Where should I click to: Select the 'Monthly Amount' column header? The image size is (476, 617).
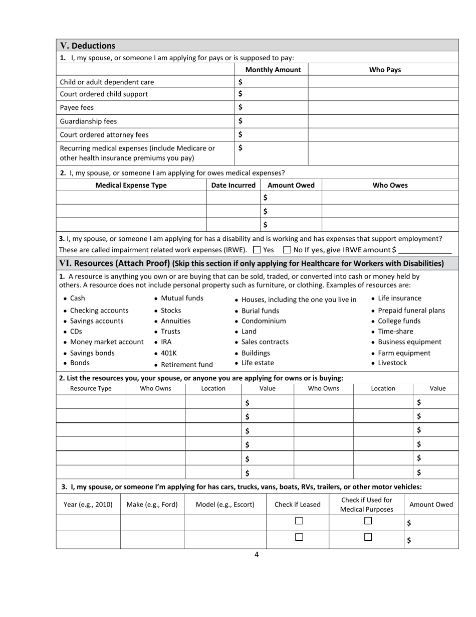point(273,70)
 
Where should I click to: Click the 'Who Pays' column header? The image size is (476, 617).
point(385,70)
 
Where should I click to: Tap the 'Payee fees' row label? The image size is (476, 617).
point(77,107)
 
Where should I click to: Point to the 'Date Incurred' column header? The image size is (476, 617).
point(233,185)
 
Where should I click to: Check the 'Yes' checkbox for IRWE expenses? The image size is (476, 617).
point(257,250)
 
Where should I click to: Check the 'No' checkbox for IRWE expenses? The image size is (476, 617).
point(287,250)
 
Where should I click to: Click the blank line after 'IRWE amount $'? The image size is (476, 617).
point(425,250)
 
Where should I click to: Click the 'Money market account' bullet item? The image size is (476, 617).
point(106,342)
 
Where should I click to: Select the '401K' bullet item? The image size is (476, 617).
point(168,353)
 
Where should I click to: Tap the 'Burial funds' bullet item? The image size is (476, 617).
point(260,311)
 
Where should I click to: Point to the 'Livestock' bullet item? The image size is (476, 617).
point(392,363)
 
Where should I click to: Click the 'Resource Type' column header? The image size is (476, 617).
point(91,388)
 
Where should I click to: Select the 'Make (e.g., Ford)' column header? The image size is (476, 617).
point(152,505)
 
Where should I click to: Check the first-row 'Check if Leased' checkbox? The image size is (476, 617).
point(299,521)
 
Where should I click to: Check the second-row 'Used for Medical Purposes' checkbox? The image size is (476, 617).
point(368,537)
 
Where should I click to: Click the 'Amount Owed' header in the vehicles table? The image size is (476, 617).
point(431,505)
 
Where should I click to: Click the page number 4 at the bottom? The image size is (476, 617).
point(257,554)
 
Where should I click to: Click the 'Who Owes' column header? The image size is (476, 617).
point(390,185)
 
